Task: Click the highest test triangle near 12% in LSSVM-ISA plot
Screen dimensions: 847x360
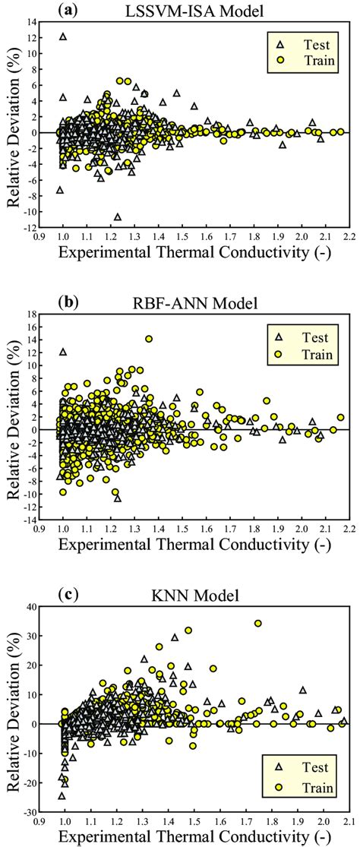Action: tap(63, 36)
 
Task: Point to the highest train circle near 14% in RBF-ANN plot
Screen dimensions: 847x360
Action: tap(149, 340)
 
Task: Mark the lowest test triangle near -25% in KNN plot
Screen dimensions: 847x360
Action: tap(62, 795)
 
